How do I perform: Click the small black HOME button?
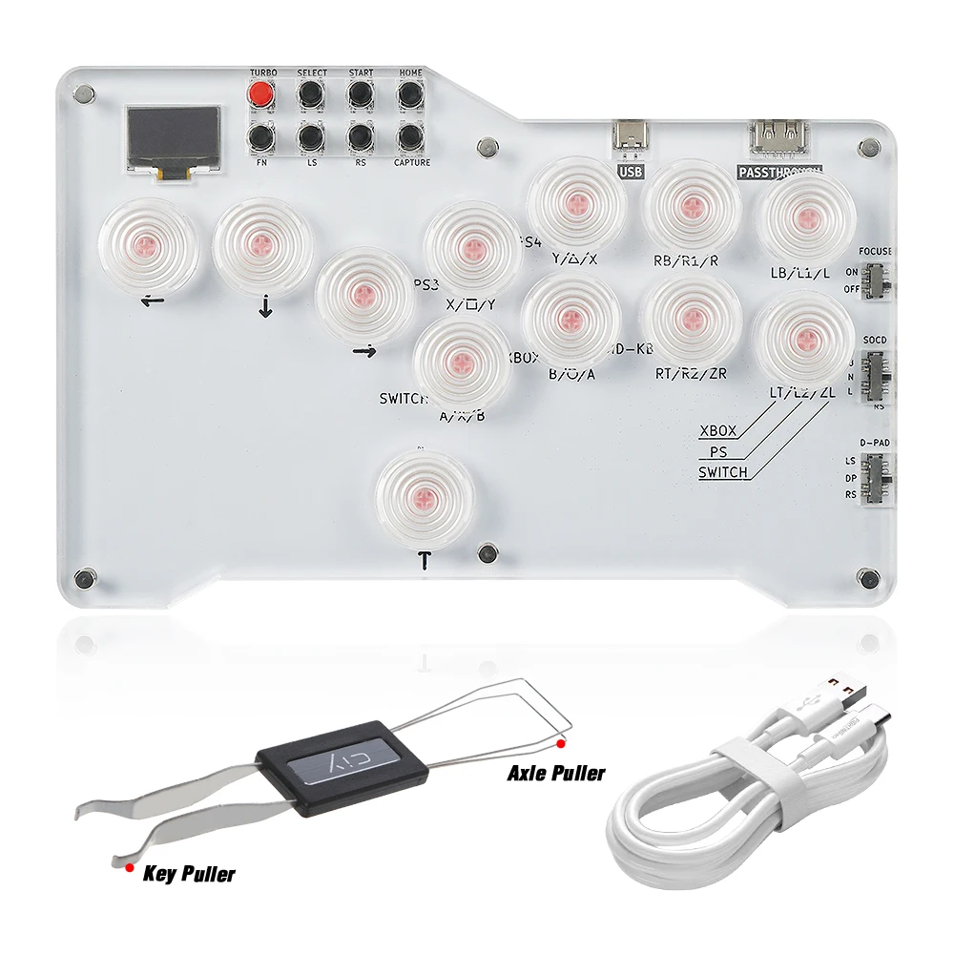[410, 94]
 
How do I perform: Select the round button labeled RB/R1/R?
[691, 204]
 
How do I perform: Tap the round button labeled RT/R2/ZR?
[691, 320]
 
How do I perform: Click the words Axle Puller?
[555, 773]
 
